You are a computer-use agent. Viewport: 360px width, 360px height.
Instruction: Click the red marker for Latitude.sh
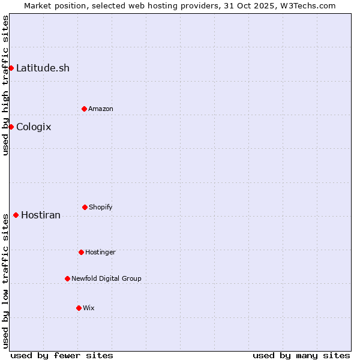[11, 68]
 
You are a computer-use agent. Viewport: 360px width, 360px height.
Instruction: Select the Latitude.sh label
[43, 68]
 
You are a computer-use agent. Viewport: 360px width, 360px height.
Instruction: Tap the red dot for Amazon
[84, 109]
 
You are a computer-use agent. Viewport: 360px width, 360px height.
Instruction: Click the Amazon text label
[101, 109]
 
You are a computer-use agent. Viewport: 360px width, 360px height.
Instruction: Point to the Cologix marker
[11, 127]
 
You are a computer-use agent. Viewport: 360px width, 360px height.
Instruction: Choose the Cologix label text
[34, 127]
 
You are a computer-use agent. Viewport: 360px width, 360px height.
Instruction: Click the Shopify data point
[85, 207]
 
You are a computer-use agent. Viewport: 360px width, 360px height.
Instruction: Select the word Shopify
[101, 207]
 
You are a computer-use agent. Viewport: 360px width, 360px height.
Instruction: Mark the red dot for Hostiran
[16, 215]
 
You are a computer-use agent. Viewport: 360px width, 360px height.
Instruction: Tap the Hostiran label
[41, 215]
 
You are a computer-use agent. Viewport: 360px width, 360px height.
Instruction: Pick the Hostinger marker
[81, 252]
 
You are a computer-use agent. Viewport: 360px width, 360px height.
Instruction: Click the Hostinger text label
[100, 252]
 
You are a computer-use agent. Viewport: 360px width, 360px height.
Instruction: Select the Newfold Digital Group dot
[67, 278]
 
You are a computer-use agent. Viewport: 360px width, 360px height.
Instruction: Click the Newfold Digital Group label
[106, 278]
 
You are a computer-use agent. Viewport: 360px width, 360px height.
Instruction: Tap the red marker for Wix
[79, 308]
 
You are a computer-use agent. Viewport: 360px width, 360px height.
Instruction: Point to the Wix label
[89, 308]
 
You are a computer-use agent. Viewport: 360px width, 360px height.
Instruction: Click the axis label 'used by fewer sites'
[62, 355]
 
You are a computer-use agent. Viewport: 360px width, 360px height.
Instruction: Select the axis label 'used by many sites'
[301, 355]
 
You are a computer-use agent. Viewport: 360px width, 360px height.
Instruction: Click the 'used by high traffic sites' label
[5, 85]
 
